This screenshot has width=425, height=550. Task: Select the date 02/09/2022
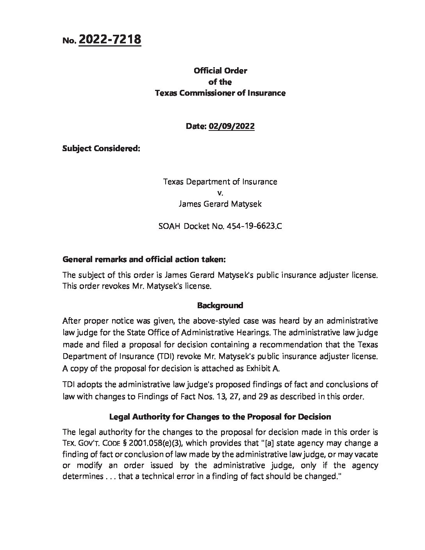pyautogui.click(x=232, y=126)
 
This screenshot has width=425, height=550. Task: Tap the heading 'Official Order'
pyautogui.click(x=220, y=71)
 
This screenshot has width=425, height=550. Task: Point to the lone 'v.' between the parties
pyautogui.click(x=220, y=193)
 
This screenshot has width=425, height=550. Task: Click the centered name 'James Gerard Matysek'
pyautogui.click(x=220, y=204)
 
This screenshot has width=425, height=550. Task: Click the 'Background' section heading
pyautogui.click(x=220, y=305)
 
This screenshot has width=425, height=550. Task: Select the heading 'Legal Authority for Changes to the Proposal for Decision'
pyautogui.click(x=220, y=416)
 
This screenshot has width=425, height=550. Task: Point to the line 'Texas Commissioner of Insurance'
pyautogui.click(x=220, y=93)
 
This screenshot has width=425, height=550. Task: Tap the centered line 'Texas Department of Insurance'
pyautogui.click(x=220, y=182)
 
